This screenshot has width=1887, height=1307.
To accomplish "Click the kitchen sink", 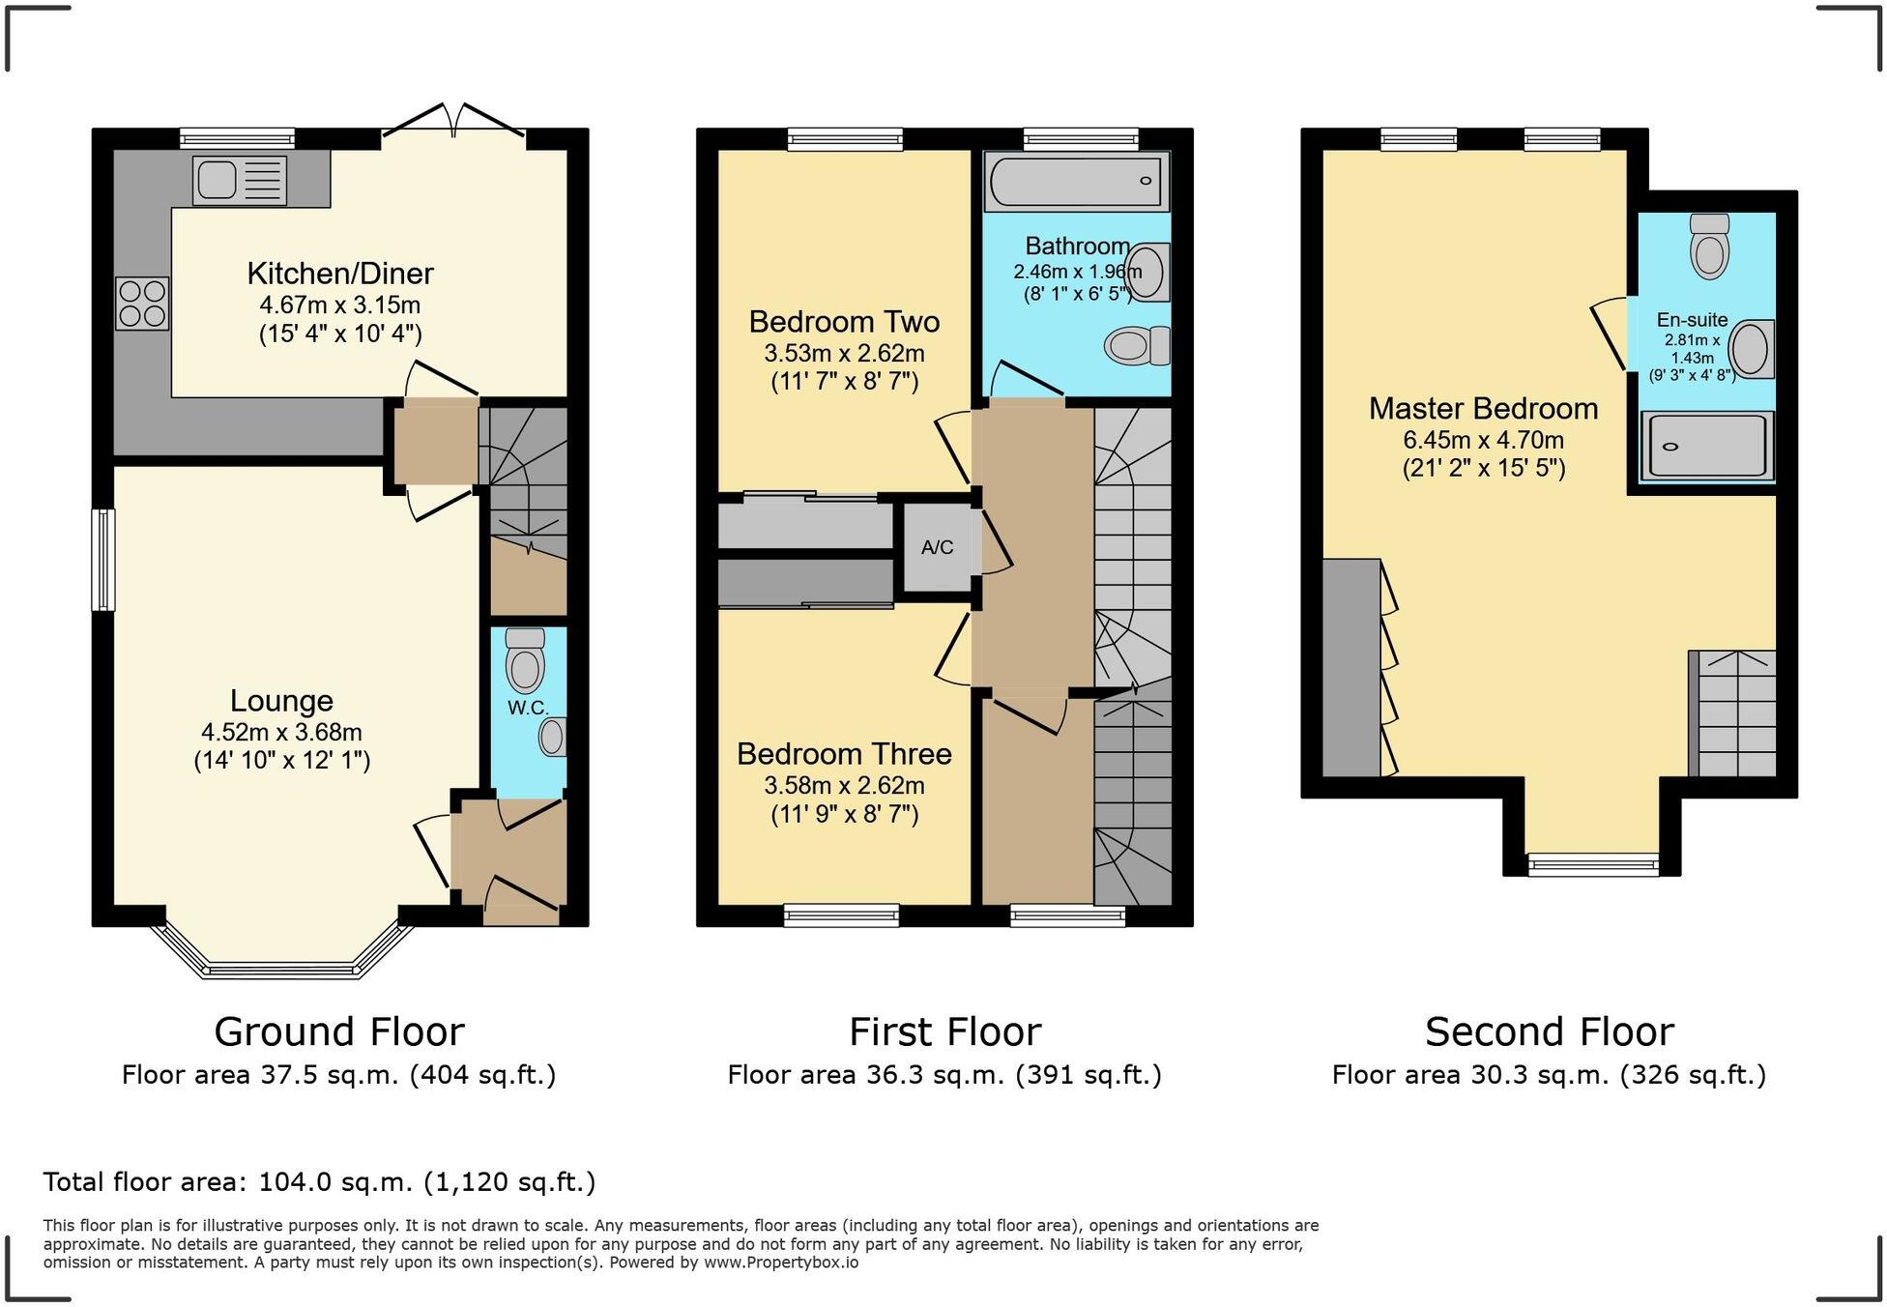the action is tap(240, 181).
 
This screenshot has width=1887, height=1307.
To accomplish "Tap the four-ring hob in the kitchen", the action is tap(142, 304).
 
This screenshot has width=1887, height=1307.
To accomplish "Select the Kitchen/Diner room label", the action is tap(340, 274).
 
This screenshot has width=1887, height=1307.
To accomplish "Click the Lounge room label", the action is tap(281, 701).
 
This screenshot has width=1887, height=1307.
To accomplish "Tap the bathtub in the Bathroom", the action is tap(1076, 181).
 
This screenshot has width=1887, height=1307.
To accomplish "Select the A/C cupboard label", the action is tap(937, 548).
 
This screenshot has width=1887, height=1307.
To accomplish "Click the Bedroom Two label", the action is tap(844, 321).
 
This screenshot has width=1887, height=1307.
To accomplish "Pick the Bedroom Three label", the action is tap(844, 753).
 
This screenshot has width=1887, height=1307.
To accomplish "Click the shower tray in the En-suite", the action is tap(1707, 446).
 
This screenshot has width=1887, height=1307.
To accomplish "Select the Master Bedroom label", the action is tap(1483, 408).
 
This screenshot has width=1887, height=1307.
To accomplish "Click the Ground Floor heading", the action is tap(339, 1031).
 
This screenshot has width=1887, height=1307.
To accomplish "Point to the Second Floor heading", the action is tap(1549, 1031).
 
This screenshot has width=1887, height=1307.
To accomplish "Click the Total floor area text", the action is tap(319, 1181).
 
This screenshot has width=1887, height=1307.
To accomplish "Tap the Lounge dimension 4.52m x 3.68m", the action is tap(281, 732).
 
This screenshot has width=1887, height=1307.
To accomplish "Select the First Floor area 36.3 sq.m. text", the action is tap(944, 1075).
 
